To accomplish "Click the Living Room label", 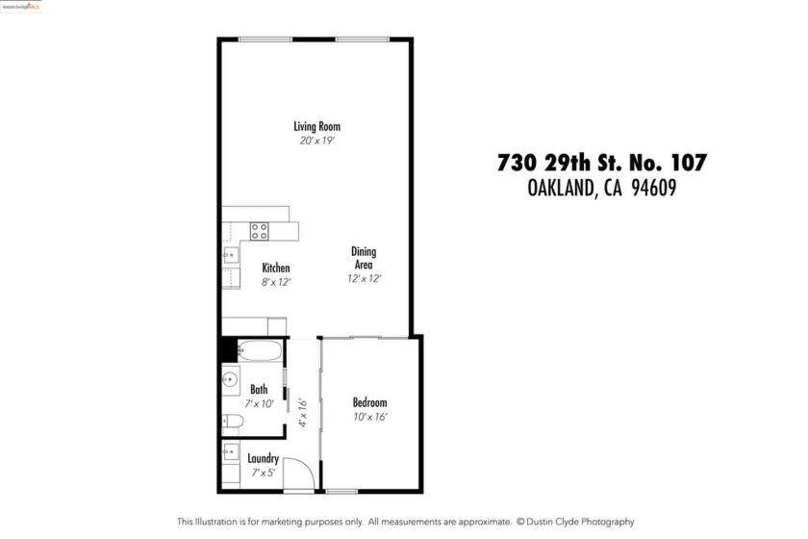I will coord(316,126).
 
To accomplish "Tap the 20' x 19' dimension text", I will coord(316,141).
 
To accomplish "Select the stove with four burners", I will coord(260,231).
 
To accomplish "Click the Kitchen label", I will coord(276,268).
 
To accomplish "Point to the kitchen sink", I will coord(232,256).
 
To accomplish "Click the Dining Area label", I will coord(364,258).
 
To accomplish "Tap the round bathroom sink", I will coord(231,380).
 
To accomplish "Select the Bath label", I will coord(259,390).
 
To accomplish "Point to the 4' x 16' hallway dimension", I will coord(302,413).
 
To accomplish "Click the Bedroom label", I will coord(369,402).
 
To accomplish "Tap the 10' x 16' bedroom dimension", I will coord(369,417).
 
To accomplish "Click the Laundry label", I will coord(263,459).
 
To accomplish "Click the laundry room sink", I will coord(231,450).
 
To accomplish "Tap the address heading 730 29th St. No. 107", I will coord(601,163).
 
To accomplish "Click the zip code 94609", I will coord(654,190).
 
